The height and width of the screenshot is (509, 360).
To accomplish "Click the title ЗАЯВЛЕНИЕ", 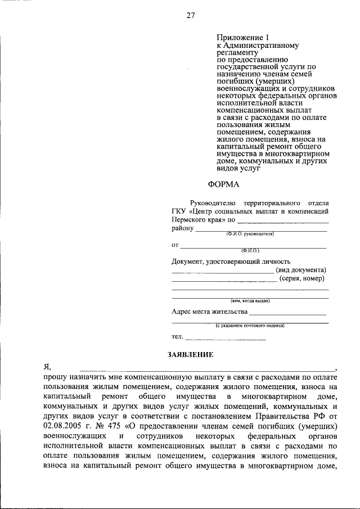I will pyautogui.click(x=190, y=354).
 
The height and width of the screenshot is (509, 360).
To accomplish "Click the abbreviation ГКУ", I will pyautogui.click(x=179, y=211).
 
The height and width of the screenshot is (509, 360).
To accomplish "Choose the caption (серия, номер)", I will pyautogui.click(x=303, y=279).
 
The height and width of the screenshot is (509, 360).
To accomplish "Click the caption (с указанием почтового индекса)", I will pyautogui.click(x=250, y=325).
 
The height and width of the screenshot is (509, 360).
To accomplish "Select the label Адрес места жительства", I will pyautogui.click(x=209, y=312).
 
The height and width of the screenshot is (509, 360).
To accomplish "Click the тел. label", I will pyautogui.click(x=177, y=337).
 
